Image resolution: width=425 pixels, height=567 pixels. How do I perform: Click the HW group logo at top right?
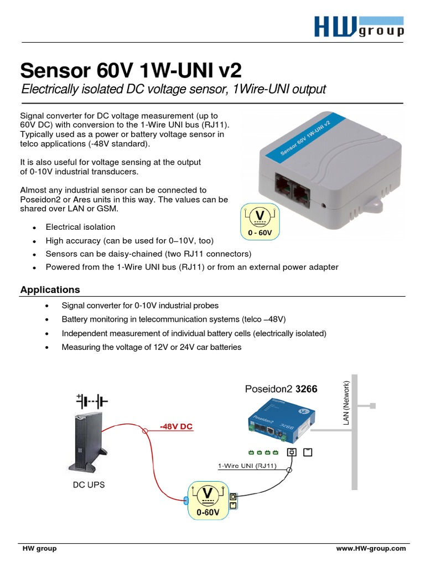click(x=359, y=26)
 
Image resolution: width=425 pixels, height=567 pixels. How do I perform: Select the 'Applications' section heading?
click(x=50, y=290)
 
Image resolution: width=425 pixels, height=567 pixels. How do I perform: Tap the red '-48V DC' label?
click(x=176, y=427)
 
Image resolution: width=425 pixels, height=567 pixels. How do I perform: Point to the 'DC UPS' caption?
click(x=89, y=484)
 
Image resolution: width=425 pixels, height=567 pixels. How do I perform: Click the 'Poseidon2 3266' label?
click(x=281, y=389)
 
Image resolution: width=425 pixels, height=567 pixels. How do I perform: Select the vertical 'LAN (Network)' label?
click(x=347, y=403)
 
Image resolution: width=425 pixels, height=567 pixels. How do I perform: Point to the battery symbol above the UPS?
click(x=92, y=399)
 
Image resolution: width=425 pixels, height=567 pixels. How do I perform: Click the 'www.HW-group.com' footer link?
click(x=371, y=548)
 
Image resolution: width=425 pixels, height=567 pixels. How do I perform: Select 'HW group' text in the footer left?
click(x=39, y=548)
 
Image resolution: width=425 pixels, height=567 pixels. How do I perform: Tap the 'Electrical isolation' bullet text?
click(x=80, y=227)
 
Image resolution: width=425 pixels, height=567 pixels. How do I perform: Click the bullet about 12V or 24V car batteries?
click(x=152, y=347)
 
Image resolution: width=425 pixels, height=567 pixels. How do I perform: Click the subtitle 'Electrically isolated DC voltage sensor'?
click(x=173, y=90)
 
